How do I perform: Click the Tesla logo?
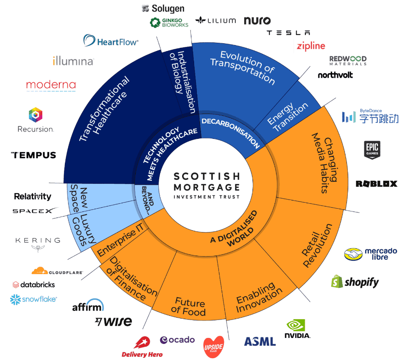pos(288,33)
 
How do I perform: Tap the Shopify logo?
pos(355,281)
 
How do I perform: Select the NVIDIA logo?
pos(298,329)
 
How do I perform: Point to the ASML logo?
pos(260,341)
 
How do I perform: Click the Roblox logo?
pos(376,184)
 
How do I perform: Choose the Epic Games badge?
pos(372,149)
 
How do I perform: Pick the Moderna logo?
pos(51,85)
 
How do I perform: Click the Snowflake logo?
pos(33,299)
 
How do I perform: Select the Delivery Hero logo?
pos(142,347)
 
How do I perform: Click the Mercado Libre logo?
pos(371,254)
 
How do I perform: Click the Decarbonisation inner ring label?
pos(230,131)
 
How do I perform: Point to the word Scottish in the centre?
pos(207,177)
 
